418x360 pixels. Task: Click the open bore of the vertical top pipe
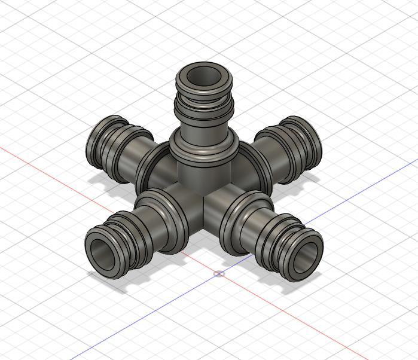205,77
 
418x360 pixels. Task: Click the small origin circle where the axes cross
219,274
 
